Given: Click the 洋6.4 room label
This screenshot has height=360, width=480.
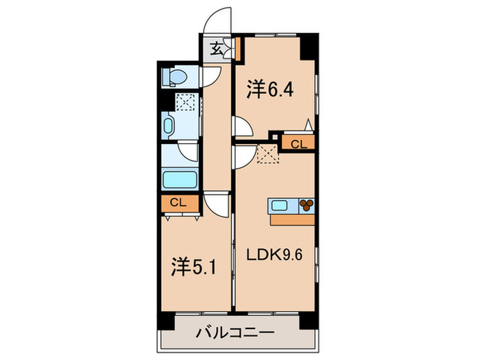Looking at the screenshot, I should (270, 91).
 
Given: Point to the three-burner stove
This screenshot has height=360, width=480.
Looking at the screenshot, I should (305, 204).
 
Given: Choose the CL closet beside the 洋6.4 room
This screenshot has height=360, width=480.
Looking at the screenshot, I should (298, 144).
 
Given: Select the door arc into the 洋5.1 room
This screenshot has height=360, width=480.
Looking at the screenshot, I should (216, 204).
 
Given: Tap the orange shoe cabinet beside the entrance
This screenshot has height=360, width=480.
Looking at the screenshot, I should (232, 49).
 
